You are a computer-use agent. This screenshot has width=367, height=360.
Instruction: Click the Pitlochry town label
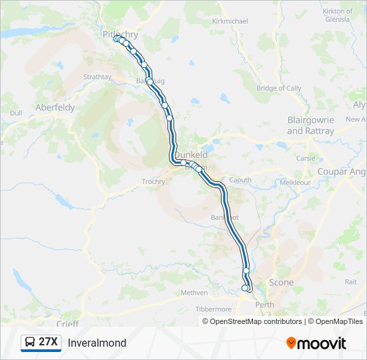[120, 34]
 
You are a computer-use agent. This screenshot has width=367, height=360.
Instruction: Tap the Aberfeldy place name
[55, 107]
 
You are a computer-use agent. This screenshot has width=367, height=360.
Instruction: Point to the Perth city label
[265, 305]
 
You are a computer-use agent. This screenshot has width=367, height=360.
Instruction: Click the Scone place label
[281, 283]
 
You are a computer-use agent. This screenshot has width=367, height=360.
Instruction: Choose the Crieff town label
[67, 323]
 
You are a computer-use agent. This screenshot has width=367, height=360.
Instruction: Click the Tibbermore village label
[212, 309]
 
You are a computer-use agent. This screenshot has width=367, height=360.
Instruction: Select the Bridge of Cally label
[279, 88]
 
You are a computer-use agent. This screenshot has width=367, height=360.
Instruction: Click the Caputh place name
[240, 180]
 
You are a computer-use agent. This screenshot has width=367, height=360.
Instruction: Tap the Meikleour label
[296, 181]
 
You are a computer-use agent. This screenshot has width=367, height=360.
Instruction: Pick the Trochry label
[153, 181]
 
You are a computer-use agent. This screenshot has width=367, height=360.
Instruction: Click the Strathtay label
[97, 77]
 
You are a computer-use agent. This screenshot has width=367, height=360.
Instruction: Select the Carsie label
[306, 159]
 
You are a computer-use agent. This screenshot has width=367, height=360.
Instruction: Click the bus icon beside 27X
[31, 343]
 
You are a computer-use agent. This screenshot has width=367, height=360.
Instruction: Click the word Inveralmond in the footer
[97, 343]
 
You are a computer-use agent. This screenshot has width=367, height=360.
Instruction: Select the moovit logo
[316, 343]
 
